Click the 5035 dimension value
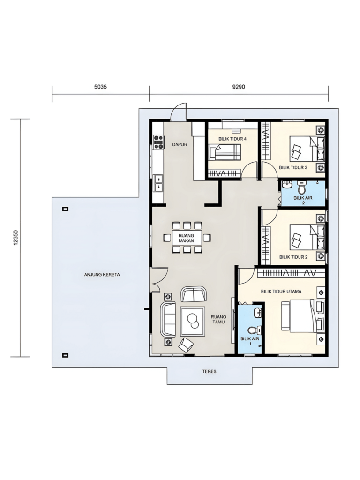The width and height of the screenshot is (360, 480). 100,87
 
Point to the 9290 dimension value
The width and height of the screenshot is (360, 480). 239,87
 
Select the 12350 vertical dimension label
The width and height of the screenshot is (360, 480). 16,238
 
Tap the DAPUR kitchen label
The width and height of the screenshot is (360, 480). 180,144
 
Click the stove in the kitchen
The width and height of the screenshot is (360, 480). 158,142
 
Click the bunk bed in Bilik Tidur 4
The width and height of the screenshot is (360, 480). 225,152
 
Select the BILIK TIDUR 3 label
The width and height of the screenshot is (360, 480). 293,167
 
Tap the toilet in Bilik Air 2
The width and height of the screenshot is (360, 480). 301,187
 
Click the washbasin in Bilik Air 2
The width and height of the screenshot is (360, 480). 287,185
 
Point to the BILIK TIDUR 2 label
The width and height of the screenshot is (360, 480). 293,257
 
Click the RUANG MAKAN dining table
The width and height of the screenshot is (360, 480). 187,238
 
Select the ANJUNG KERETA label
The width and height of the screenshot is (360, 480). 102,275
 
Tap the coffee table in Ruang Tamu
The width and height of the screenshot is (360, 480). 193,321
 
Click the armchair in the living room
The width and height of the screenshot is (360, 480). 186,345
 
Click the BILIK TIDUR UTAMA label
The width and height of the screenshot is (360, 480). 281,292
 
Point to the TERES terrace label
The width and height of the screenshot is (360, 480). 209,371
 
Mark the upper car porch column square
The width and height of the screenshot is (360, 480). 65,209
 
